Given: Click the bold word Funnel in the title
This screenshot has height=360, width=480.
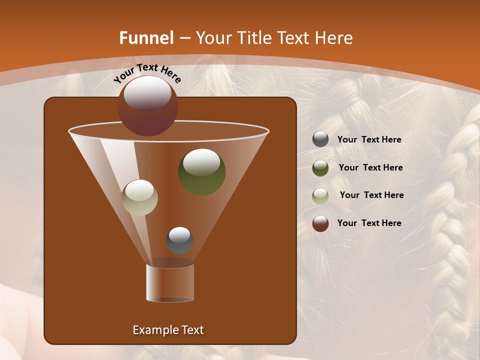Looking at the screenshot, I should [146, 38].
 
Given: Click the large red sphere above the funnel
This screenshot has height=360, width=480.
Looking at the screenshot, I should [148, 105].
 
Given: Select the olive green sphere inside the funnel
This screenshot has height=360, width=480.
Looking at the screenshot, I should [202, 172].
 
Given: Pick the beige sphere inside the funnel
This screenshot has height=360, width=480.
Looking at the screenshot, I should [140, 197].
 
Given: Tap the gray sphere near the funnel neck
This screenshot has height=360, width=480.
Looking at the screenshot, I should [179, 240].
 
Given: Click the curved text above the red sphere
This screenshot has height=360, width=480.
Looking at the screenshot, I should [147, 72].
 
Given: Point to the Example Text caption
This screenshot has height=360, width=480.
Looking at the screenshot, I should [168, 330].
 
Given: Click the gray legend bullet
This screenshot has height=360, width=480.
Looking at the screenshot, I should [320, 139].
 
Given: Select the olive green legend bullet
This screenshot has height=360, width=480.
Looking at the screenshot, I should [320, 168].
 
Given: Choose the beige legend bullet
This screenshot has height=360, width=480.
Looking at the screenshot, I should [320, 195].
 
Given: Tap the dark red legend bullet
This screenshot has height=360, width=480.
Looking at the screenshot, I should [320, 223].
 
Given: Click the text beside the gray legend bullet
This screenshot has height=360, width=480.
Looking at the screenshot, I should [369, 140].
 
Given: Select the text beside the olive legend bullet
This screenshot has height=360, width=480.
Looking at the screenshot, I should [370, 167].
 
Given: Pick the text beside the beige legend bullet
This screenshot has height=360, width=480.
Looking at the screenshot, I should [371, 195].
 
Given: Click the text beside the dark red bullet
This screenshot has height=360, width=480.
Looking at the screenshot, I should [369, 223].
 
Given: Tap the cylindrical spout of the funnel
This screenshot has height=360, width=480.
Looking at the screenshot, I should [170, 282].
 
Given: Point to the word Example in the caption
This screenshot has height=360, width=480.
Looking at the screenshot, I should [155, 330].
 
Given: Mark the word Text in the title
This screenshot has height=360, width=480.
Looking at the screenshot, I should [294, 38].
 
